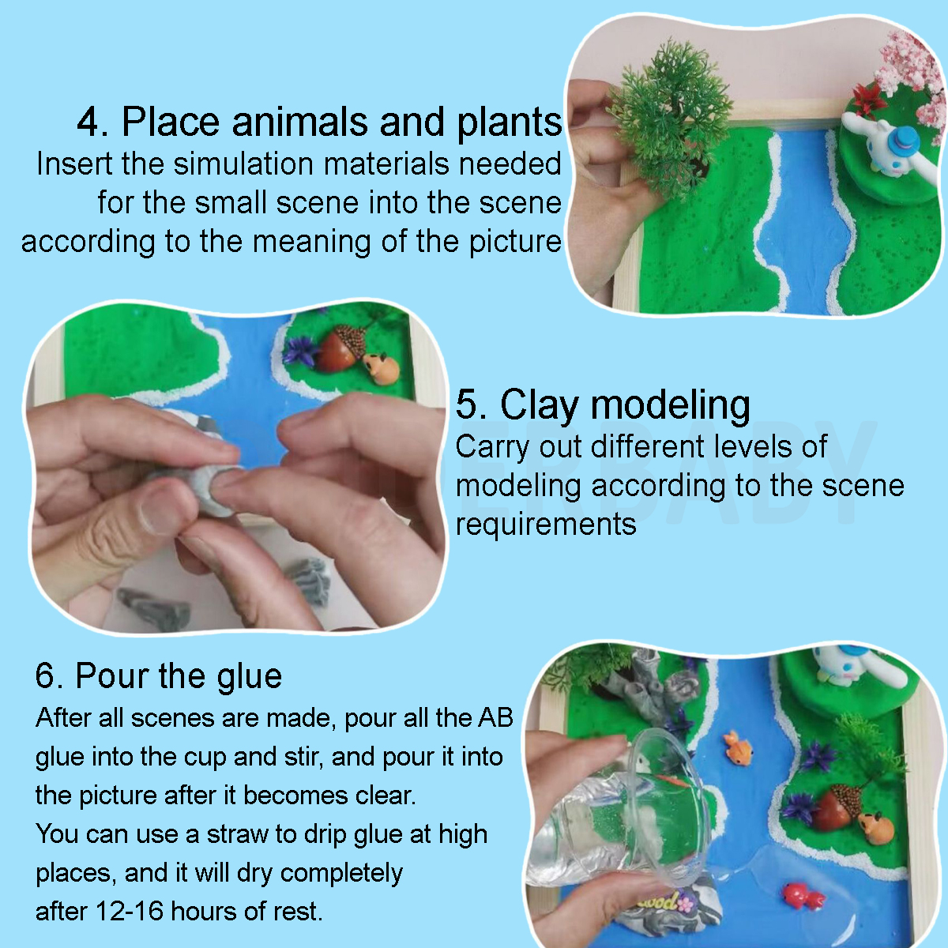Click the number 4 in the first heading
tap(93, 122)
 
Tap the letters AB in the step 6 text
tap(495, 717)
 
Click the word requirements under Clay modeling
tap(546, 524)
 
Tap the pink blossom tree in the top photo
tap(912, 67)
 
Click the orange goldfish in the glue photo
tap(739, 748)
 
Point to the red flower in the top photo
tap(869, 99)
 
